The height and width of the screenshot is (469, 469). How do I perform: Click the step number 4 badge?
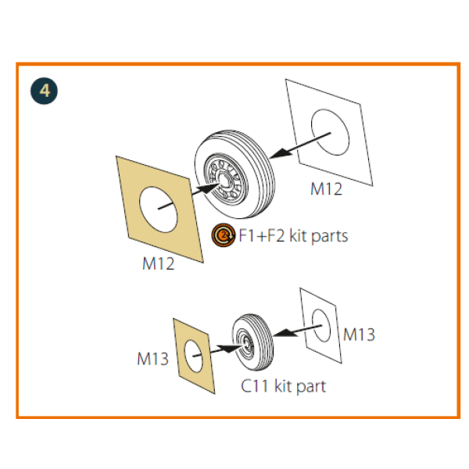44,91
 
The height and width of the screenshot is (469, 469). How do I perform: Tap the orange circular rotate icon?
223,235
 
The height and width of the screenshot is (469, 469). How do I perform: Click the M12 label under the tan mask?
158,263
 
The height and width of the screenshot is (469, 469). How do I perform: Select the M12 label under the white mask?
326,189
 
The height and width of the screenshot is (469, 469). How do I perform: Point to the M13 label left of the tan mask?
153,359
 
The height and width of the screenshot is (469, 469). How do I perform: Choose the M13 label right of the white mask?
359,335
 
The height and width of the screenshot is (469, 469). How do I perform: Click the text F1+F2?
262,236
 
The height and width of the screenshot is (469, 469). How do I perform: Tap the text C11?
255,386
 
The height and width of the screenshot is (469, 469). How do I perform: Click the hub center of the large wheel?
225,180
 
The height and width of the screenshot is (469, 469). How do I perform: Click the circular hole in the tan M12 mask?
158,209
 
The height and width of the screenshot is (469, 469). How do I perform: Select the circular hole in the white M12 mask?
330,133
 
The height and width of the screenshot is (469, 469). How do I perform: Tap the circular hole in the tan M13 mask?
194,356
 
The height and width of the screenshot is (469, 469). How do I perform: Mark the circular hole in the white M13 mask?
321,325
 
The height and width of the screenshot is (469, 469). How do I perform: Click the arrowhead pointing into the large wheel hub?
210,188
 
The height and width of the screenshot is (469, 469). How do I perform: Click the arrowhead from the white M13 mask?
285,333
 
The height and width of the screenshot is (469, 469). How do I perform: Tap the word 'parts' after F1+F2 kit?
330,237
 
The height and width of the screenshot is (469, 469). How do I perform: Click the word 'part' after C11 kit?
311,387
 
